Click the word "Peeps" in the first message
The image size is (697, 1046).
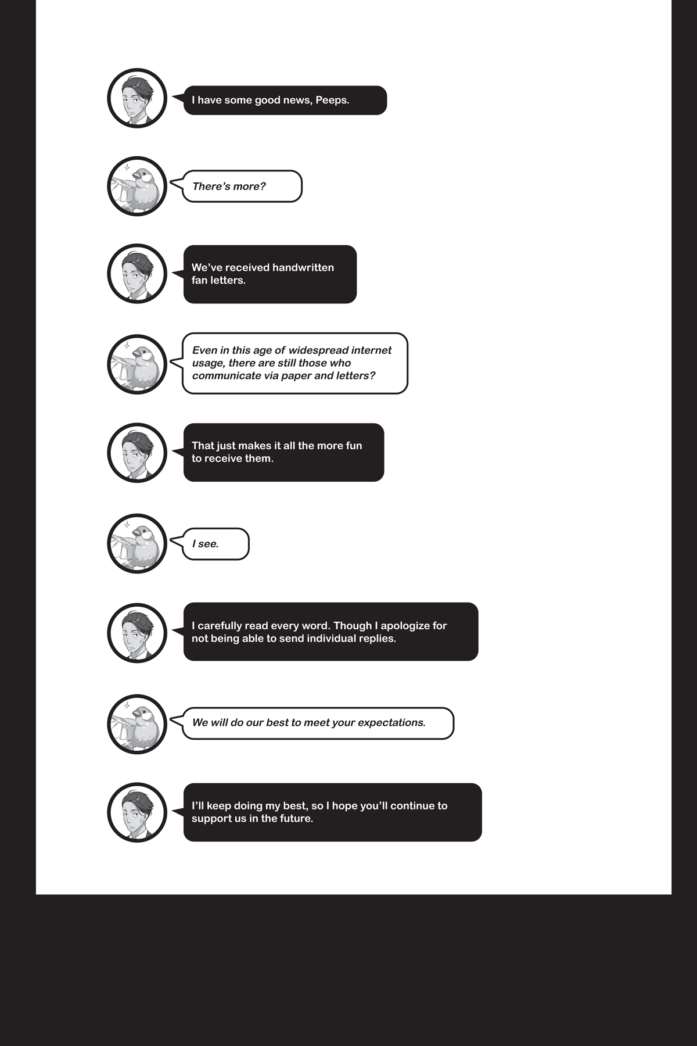(x=331, y=101)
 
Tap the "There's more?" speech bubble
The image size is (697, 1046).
(x=242, y=187)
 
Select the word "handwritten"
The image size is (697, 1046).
(x=303, y=268)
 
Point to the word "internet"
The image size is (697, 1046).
(x=371, y=350)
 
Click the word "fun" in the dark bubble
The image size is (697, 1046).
(x=354, y=446)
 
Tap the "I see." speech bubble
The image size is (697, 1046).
(x=215, y=544)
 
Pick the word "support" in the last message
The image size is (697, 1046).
(x=212, y=819)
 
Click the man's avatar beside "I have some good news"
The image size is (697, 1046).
(x=137, y=98)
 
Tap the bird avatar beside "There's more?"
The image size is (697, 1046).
(x=137, y=186)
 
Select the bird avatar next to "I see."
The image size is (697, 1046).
(x=137, y=543)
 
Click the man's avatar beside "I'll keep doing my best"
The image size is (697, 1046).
(x=137, y=812)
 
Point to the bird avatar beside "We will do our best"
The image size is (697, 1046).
(x=137, y=724)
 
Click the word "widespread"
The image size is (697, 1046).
(x=315, y=350)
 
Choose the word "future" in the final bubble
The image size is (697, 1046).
(x=296, y=819)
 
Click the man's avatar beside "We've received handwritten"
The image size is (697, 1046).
(x=137, y=274)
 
